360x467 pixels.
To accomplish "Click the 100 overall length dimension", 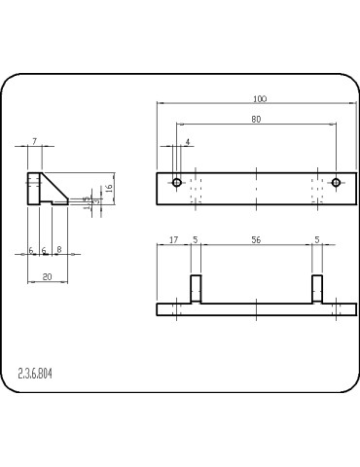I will click(259, 99).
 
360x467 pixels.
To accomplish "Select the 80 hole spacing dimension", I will click(256, 120).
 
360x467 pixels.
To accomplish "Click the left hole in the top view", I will click(177, 182).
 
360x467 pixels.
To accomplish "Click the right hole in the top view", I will click(336, 182).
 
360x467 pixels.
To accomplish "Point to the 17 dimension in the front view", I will click(173, 238).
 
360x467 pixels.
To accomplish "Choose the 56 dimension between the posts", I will click(256, 238).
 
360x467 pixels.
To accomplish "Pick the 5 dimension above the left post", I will click(195, 238).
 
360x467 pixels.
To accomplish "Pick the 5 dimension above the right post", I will click(317, 238).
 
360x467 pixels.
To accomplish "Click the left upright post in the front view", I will click(195, 290).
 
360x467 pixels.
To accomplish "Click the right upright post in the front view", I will click(317, 290).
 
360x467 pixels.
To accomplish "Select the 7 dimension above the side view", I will click(34, 142).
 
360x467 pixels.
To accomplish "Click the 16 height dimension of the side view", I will click(110, 187).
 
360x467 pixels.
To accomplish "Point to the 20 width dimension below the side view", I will click(47, 277).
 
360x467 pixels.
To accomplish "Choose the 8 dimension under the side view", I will click(58, 250).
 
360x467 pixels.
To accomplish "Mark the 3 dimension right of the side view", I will click(94, 201).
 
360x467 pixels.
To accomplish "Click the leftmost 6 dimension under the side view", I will click(31, 250).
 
